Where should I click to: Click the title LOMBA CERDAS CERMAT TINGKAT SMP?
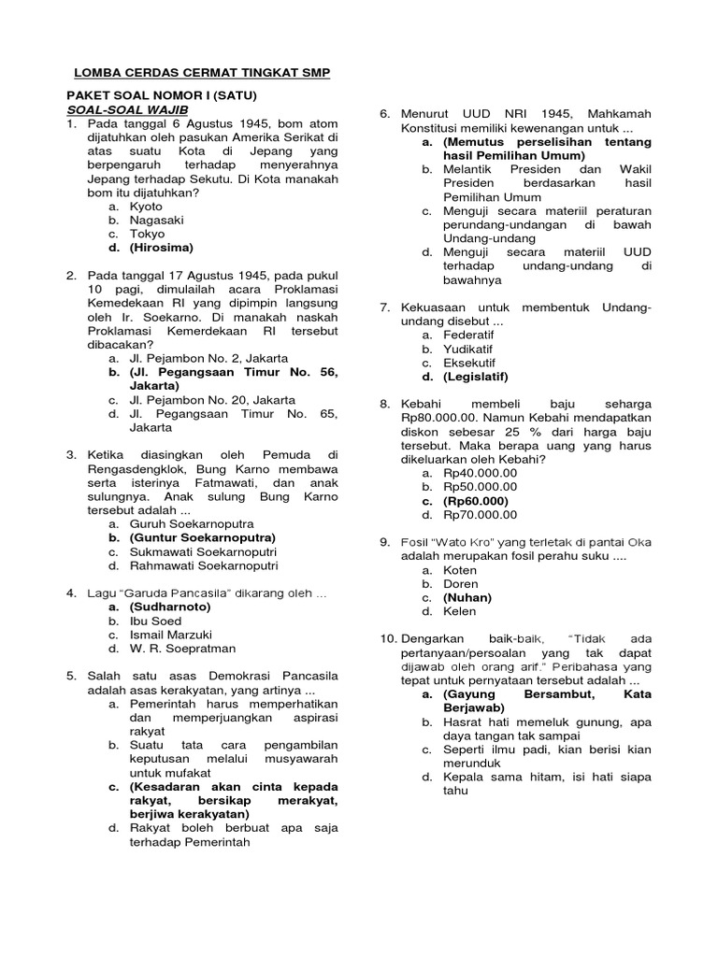click(202, 73)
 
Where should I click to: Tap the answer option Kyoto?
click(146, 207)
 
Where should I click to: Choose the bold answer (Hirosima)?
click(162, 248)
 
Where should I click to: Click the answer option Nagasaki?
click(157, 221)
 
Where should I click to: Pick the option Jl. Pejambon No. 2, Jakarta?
click(208, 358)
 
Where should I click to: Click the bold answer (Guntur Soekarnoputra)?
click(203, 538)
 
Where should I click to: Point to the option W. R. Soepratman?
click(182, 649)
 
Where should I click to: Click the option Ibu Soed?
click(155, 621)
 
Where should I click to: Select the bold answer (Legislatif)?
click(476, 377)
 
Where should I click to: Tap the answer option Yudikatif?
click(469, 349)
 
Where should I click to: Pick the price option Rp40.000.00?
click(480, 473)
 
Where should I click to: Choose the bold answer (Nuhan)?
click(467, 597)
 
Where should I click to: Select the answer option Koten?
click(460, 570)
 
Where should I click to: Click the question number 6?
click(384, 113)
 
